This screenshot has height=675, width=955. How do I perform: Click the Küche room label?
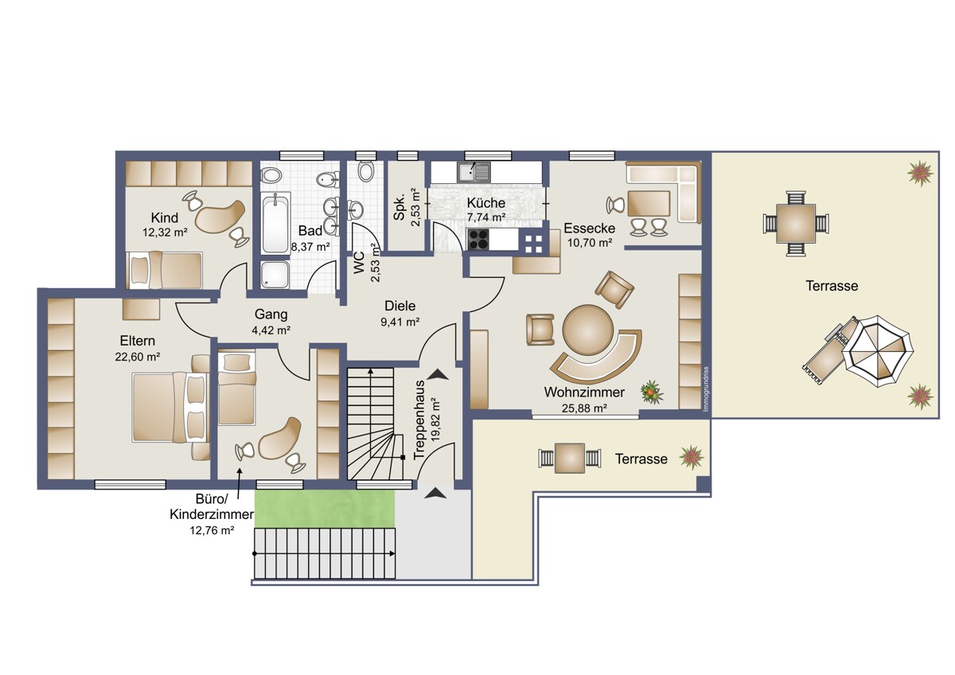[x=485, y=203]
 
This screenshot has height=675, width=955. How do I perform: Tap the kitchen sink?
[x=474, y=172]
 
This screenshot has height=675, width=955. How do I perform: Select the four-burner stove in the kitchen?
[x=478, y=240]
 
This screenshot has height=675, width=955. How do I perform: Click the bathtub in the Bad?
[x=275, y=224]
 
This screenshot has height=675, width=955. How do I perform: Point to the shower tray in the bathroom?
[x=275, y=275]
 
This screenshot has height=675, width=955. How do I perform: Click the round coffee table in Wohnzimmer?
[x=588, y=330]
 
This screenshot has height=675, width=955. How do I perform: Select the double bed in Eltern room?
[x=170, y=408]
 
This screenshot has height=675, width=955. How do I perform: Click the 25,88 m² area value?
[x=584, y=408]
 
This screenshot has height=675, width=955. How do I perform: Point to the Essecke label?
[x=589, y=228]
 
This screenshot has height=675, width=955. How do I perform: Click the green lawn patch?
[x=325, y=509]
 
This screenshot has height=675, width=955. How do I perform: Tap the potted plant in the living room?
[x=652, y=392]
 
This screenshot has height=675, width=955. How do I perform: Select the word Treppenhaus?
[x=419, y=419]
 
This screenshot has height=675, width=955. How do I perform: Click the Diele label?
[x=400, y=306]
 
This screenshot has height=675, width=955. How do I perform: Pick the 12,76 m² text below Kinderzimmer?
[x=212, y=530]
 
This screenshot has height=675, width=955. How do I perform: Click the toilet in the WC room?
[x=366, y=171]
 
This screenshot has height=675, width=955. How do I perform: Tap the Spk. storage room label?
[x=399, y=209]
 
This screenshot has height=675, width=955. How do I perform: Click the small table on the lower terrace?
[x=570, y=458]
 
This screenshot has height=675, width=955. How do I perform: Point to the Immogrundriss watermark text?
[x=706, y=389]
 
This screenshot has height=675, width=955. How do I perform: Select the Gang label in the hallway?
[x=271, y=314]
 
